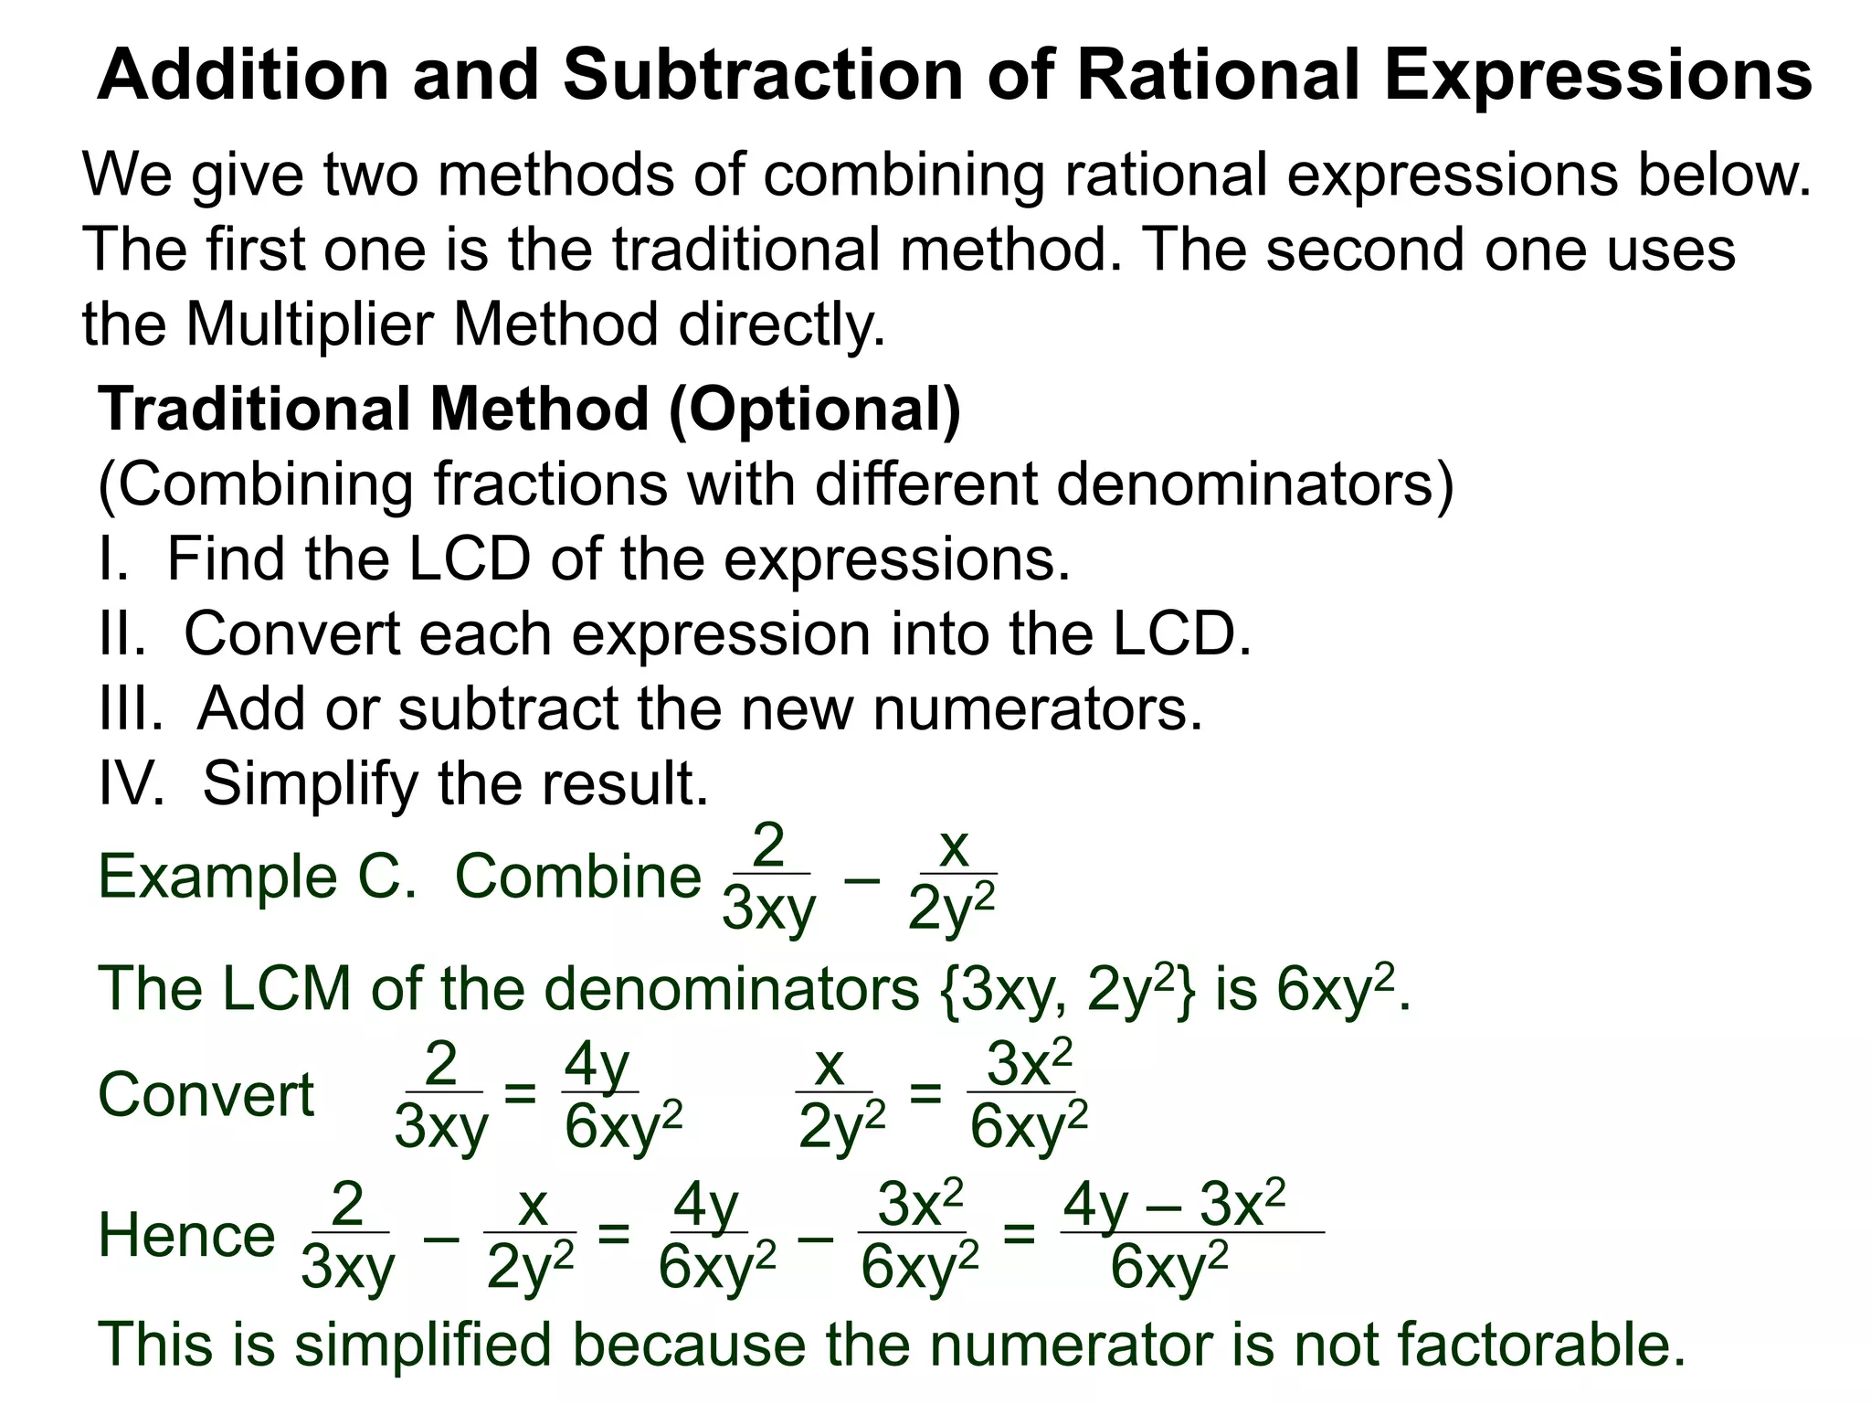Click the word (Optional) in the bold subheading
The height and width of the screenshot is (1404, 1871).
coord(815,409)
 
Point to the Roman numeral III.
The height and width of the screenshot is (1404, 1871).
coord(131,707)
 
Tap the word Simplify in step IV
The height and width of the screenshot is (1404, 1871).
coord(310,784)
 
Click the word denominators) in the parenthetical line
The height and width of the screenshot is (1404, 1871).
coord(1254,484)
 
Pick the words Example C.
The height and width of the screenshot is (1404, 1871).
coord(257,876)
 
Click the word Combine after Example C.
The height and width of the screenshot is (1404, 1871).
coord(577,876)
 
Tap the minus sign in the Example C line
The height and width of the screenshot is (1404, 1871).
coord(862,878)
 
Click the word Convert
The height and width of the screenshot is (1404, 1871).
coord(206,1094)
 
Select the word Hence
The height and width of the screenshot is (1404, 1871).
coord(186,1235)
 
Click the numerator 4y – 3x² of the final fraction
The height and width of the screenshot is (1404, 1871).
coord(1174,1204)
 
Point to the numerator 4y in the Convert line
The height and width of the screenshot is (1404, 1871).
coord(597,1065)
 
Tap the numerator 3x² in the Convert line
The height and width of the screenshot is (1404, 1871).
coord(1029,1064)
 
